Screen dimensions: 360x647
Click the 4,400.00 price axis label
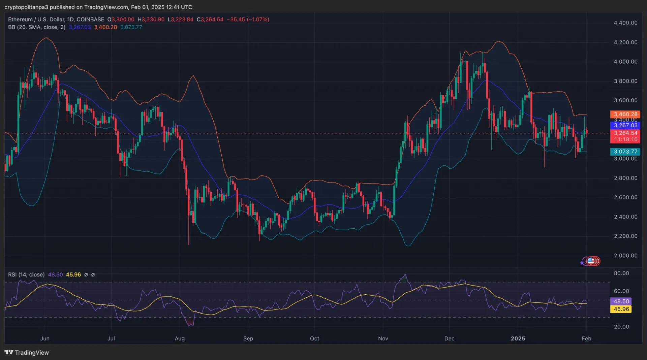click(x=625, y=23)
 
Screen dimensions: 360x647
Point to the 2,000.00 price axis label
click(x=625, y=256)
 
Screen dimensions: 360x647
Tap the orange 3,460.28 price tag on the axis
click(x=625, y=114)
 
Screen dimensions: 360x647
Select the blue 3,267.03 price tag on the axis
click(x=625, y=125)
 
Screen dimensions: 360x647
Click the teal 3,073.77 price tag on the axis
click(x=625, y=152)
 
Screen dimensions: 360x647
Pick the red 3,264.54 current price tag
click(x=625, y=133)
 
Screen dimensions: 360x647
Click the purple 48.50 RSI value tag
click(x=621, y=301)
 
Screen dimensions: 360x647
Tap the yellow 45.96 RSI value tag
click(x=621, y=309)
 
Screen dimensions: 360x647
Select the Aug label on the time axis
click(x=180, y=338)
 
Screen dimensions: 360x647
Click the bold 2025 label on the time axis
click(x=518, y=338)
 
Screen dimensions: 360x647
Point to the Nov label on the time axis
click(x=383, y=338)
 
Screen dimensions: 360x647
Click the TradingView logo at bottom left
click(x=27, y=353)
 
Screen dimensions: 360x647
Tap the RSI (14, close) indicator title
click(x=26, y=275)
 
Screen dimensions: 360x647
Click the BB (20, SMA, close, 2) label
click(x=37, y=27)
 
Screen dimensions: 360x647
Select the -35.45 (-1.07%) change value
click(x=248, y=20)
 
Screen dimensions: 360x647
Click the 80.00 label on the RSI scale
click(x=621, y=273)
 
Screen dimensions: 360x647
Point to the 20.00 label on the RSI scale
click(x=621, y=327)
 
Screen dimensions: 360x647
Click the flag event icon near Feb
click(x=591, y=261)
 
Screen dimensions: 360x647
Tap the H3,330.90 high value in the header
click(x=151, y=20)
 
